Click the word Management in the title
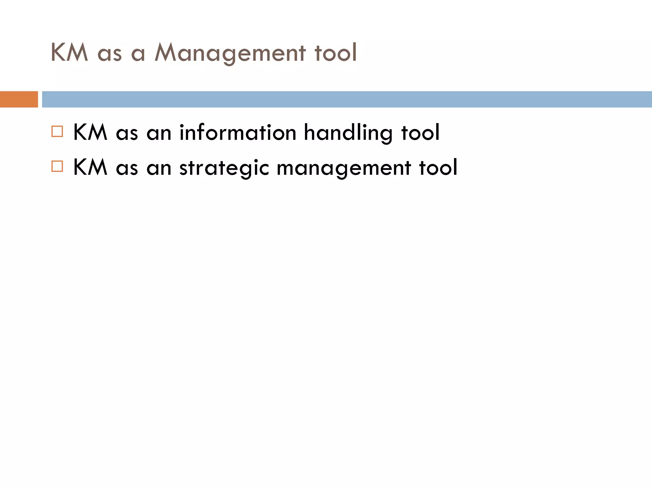pos(230,53)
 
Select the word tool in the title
pos(336,53)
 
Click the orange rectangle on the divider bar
pos(19,99)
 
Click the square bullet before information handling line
pos(57,131)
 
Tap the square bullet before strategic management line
pos(57,167)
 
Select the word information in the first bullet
pos(238,132)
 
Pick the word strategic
pos(224,168)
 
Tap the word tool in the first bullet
pos(420,132)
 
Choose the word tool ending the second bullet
pos(438,167)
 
